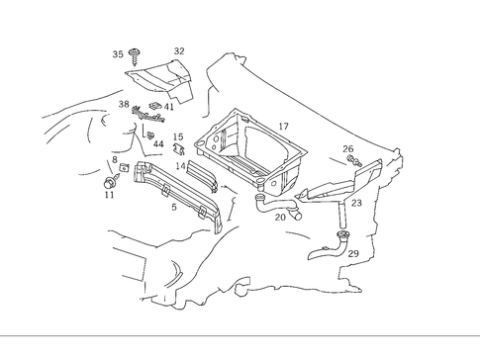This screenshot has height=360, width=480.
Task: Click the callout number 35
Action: coord(118,54)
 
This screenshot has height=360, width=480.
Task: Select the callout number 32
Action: coord(179,51)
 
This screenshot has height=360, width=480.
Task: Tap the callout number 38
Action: coord(124,104)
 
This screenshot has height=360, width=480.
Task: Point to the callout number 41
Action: coord(168,107)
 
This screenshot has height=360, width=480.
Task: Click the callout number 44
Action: coord(158,144)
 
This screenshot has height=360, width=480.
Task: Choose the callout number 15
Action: coord(178,137)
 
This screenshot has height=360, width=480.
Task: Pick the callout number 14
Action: coord(180,167)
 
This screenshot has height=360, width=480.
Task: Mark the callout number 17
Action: coord(283,127)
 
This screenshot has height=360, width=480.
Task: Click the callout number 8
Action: coord(115,159)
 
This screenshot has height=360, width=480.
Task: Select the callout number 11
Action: coord(109,195)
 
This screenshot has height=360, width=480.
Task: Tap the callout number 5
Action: coord(174,207)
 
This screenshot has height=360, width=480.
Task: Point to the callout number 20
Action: coord(280,218)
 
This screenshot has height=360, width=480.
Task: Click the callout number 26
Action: coord(347,149)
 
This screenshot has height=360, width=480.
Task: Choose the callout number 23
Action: coord(356,203)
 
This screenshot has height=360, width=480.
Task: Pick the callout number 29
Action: coord(353,254)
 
